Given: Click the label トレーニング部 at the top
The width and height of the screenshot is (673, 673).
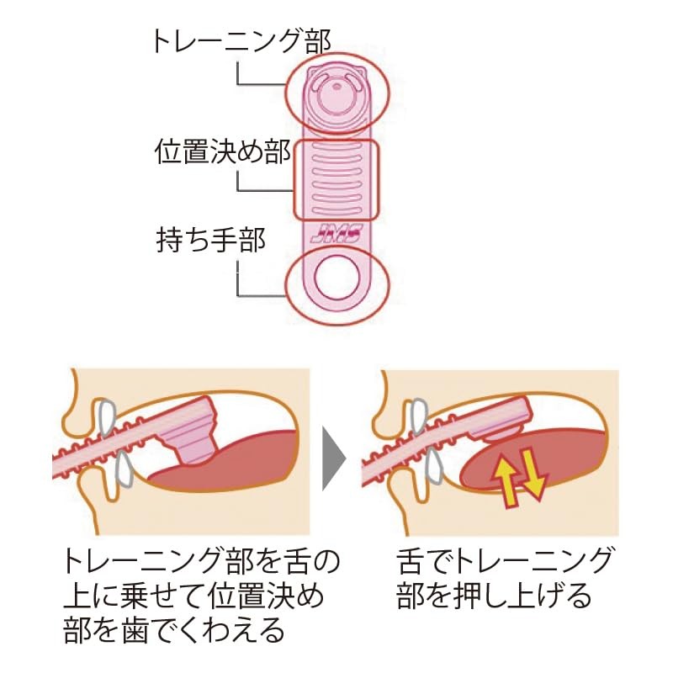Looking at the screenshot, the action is pos(241,41).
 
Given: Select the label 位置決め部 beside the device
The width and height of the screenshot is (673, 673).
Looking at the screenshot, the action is pos(223,151).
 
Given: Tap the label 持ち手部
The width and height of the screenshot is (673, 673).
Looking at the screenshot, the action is pos(211,240).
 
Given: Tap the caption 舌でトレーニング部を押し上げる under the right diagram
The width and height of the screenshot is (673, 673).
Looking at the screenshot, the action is pos(504,579).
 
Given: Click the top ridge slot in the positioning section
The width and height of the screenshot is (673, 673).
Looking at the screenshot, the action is pos(336,146).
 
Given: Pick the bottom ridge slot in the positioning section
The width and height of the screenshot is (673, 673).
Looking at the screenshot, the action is pos(336,210).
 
